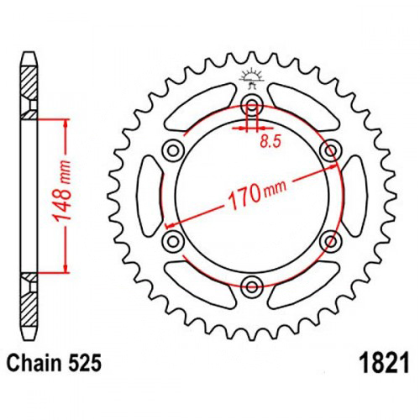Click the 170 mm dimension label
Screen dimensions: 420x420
click(x=258, y=194)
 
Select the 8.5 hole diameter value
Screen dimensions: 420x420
click(x=270, y=142)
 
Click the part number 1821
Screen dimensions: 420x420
click(x=386, y=363)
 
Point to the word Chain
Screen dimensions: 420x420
click(x=34, y=363)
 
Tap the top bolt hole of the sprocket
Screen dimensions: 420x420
click(x=252, y=107)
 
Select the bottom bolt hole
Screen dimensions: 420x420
click(x=252, y=286)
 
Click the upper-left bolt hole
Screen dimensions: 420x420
click(x=173, y=151)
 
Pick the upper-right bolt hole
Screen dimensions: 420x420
click(x=331, y=150)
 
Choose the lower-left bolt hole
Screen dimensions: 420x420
click(x=173, y=241)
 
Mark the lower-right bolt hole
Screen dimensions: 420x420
click(x=331, y=241)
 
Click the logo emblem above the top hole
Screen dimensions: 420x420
click(x=252, y=78)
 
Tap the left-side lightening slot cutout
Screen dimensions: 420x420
click(x=150, y=196)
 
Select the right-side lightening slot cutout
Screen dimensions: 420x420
click(x=354, y=196)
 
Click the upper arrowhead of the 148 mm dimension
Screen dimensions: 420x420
click(x=66, y=124)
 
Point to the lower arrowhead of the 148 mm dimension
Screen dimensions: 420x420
click(x=66, y=267)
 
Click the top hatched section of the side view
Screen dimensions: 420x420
click(x=29, y=82)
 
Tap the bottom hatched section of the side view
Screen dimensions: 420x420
click(x=29, y=309)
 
